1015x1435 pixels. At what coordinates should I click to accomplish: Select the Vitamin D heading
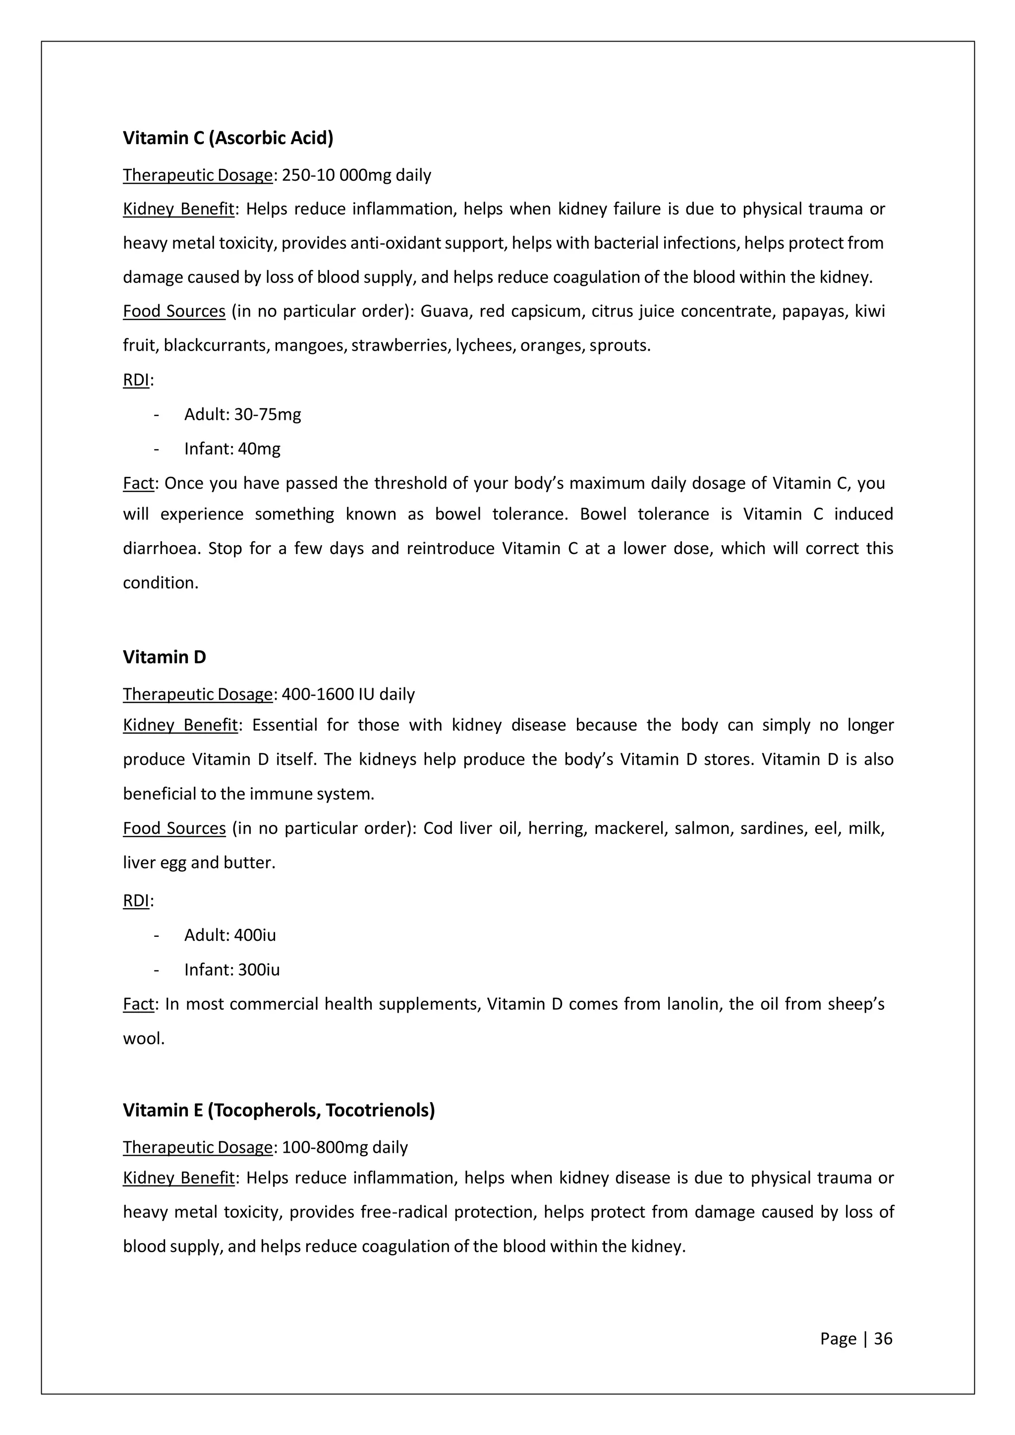click(164, 657)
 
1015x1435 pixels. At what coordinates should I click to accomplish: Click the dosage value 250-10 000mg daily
click(356, 175)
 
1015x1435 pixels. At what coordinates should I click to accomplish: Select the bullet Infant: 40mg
click(232, 449)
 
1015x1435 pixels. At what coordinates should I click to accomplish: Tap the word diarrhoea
click(161, 549)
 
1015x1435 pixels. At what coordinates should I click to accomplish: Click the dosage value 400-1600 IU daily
click(348, 694)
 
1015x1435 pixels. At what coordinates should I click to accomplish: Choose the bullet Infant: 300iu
click(231, 970)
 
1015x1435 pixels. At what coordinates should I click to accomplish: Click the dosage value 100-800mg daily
click(344, 1147)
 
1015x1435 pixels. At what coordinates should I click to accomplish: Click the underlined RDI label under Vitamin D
click(136, 901)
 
